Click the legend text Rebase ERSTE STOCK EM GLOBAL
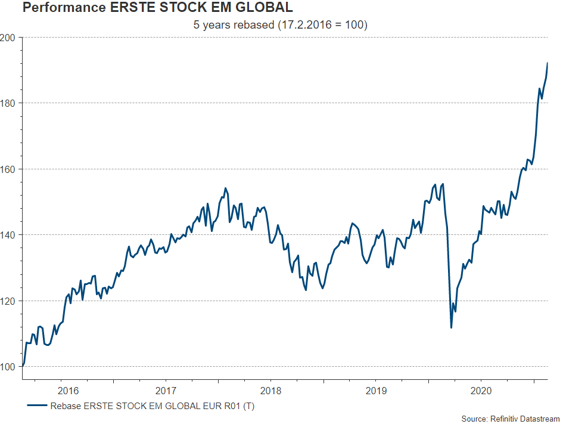153,406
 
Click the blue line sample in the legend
37,406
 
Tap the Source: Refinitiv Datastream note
511,419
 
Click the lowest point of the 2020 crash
451,327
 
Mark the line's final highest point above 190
547,63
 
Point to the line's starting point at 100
23,366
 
